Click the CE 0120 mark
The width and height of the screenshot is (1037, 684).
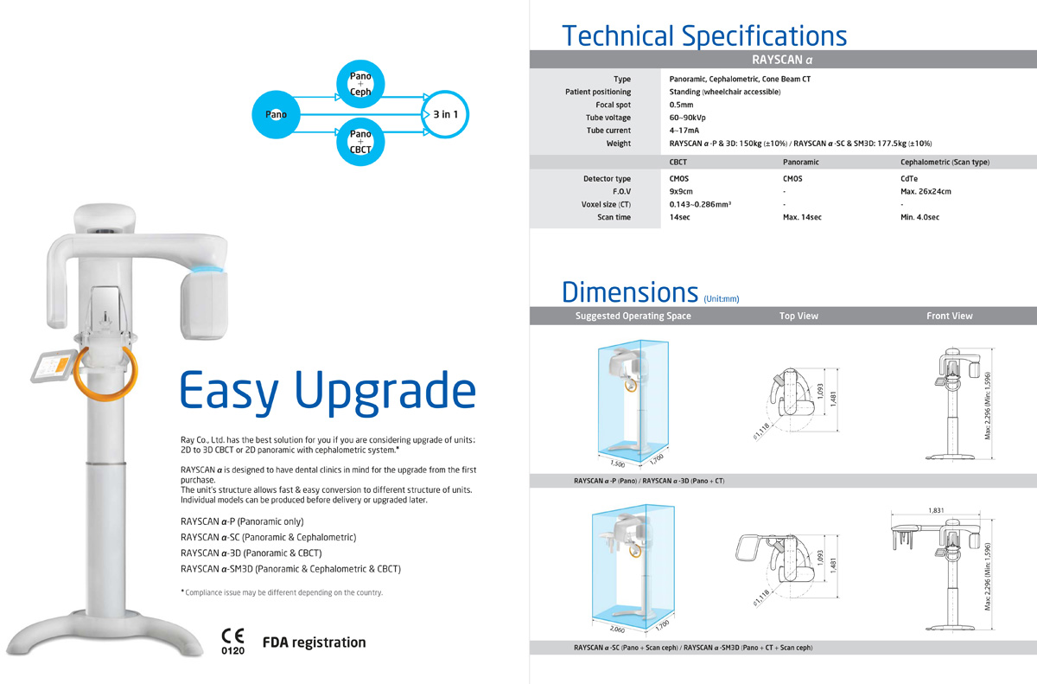232,642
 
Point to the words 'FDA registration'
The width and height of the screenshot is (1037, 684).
314,642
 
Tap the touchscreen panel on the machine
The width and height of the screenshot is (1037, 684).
54,366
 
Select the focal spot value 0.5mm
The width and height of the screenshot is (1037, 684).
681,105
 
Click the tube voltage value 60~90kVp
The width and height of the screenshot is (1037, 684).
688,118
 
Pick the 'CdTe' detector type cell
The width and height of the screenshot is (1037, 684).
909,178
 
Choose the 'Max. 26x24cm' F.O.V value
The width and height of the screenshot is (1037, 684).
926,191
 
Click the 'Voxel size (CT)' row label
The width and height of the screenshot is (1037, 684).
606,204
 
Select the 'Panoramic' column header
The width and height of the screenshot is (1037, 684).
801,162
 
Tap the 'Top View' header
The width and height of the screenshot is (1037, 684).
798,316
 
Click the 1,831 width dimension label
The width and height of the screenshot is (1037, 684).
936,510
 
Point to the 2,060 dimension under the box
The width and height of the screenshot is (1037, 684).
617,630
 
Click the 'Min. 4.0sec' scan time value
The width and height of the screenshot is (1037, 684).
919,217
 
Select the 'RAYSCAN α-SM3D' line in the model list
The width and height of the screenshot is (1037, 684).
290,569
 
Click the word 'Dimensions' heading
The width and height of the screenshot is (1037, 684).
630,292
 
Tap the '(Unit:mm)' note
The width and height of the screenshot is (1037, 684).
722,298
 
